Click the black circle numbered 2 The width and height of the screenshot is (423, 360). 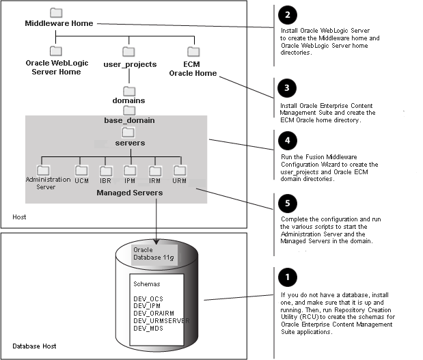[288, 15]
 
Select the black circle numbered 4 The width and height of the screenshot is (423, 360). [288, 139]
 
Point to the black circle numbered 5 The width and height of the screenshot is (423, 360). [288, 202]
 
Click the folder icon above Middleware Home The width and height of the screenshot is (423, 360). [56, 13]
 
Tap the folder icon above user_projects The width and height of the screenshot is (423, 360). [129, 51]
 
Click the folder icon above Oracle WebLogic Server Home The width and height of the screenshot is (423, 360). [56, 51]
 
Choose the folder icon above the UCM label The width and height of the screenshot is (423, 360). [82, 170]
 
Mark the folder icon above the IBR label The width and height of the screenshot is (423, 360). [106, 170]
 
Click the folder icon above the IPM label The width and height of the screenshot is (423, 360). [129, 170]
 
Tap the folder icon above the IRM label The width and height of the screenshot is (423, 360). [155, 170]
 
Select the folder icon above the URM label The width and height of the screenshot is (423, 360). [180, 170]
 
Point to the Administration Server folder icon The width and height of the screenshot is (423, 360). [44, 169]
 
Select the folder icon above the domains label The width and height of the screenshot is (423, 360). [129, 90]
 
